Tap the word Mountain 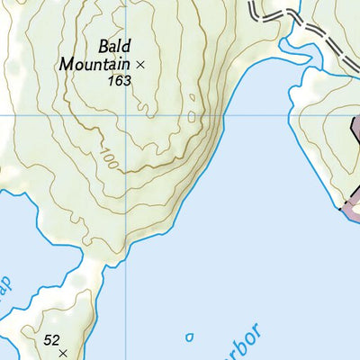pos(94,64)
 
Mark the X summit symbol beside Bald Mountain pos(139,65)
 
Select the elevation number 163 pos(118,81)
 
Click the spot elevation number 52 pos(52,339)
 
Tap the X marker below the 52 pos(63,355)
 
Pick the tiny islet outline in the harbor pos(189,337)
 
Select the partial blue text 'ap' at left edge pos(5,286)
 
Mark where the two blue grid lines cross pos(126,116)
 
